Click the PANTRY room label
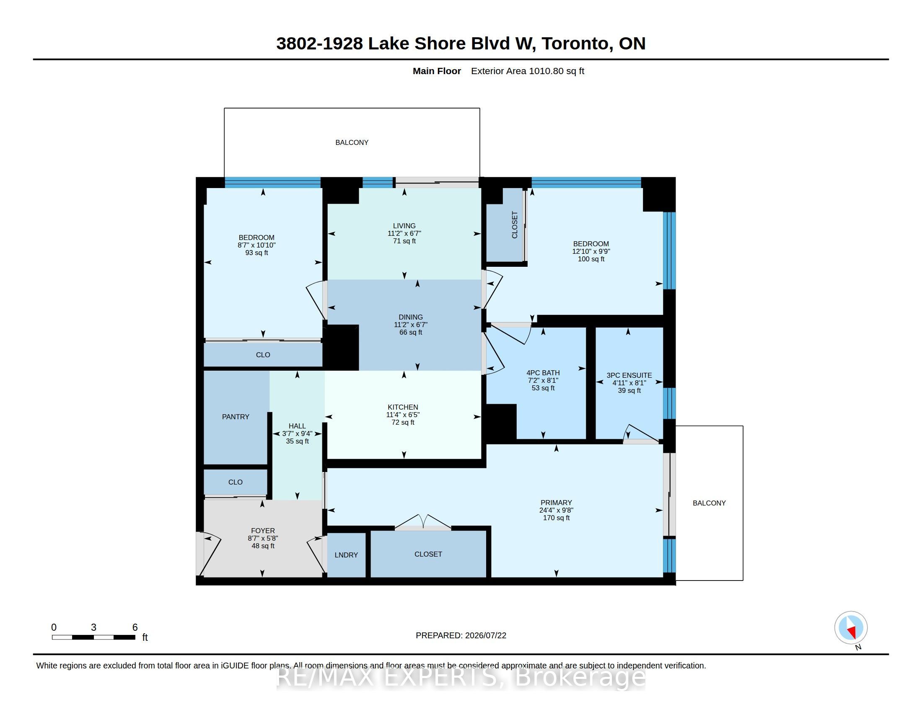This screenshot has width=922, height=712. (236, 417)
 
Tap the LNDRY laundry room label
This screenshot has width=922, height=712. (346, 555)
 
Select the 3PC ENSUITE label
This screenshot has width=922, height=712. (629, 375)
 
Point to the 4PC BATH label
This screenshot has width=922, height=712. (543, 373)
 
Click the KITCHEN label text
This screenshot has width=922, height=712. (403, 407)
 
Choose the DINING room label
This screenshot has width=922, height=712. (411, 317)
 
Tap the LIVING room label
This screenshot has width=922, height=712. (404, 226)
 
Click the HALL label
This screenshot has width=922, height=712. (297, 426)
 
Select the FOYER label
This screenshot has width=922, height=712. (263, 531)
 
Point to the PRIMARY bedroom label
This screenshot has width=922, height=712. (557, 503)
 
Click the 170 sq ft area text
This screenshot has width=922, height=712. (557, 518)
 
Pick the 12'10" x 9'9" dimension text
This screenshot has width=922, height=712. (591, 251)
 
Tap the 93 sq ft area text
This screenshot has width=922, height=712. (256, 253)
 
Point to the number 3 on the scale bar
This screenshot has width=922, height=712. (94, 627)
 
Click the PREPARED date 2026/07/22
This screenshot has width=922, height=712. (485, 636)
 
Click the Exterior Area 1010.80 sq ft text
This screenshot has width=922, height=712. (528, 71)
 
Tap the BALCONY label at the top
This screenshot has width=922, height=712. (352, 142)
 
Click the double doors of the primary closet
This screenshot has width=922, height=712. (423, 522)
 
